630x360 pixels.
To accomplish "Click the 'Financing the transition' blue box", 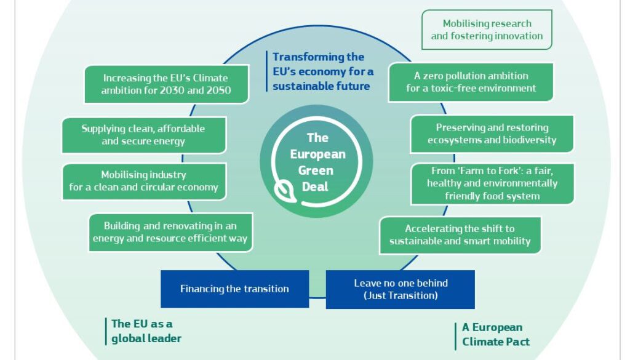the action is tap(234, 289).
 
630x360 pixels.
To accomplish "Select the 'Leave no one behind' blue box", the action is tap(400, 289).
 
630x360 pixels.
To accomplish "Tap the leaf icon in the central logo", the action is tap(285, 191).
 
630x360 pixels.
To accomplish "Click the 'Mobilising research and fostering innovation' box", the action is tap(487, 30).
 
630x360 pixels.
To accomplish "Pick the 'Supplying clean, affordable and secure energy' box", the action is tap(144, 135).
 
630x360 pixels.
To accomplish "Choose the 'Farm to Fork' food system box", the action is tap(492, 183).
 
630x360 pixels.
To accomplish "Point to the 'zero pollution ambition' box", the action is tap(471, 82).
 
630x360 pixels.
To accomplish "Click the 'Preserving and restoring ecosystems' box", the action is tap(492, 134).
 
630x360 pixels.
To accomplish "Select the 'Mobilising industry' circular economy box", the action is tap(144, 181).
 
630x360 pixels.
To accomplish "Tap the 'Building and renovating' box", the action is tap(170, 232).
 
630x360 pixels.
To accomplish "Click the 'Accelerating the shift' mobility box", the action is tap(460, 235).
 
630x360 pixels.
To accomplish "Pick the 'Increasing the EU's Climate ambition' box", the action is tap(166, 84).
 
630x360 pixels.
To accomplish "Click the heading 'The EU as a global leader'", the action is tap(146, 331).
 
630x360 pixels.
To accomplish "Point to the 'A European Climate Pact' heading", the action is tap(496, 334).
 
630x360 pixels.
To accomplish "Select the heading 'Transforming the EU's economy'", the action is tap(323, 71).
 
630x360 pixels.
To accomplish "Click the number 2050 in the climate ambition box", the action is tap(219, 90).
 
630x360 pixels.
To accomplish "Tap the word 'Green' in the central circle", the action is tap(316, 170).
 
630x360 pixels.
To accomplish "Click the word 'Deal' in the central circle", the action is tap(316, 187).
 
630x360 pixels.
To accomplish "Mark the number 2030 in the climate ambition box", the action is tap(172, 90).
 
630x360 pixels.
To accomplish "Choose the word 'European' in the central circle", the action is tap(318, 154).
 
